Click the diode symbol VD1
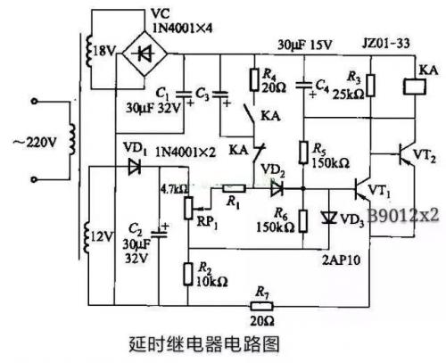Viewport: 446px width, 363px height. (x=136, y=167)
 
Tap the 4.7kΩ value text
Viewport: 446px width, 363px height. (x=173, y=189)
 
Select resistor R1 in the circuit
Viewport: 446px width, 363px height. (x=235, y=189)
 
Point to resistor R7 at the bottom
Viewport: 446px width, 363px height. (x=261, y=307)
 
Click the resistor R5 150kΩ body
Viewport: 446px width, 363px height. (x=304, y=153)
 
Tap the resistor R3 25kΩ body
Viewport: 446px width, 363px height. (x=372, y=85)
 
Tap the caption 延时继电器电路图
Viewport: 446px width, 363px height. (x=206, y=342)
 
